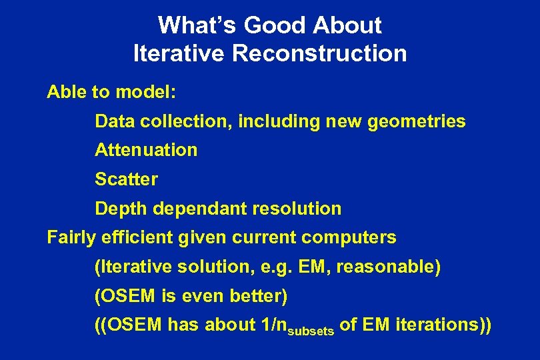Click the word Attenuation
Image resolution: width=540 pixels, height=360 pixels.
(x=146, y=150)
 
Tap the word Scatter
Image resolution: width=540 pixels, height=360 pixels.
(x=126, y=179)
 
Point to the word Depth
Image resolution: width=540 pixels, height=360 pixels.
(x=121, y=209)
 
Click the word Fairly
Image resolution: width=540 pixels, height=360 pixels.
(x=71, y=237)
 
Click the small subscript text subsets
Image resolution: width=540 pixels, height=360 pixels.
(x=313, y=329)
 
